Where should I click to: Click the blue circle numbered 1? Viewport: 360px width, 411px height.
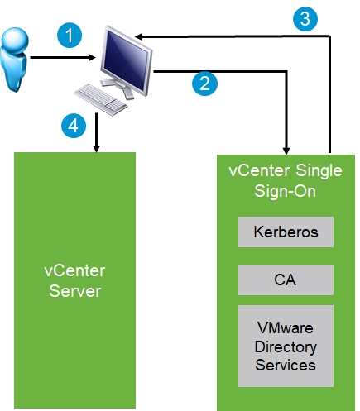point(71,36)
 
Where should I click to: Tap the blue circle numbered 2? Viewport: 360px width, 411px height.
point(204,81)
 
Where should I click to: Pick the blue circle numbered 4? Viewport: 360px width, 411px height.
point(74,126)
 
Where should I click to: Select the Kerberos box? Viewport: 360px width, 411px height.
point(286,232)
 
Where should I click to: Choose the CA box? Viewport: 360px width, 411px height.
point(286,280)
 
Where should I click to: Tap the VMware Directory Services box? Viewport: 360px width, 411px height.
point(286,346)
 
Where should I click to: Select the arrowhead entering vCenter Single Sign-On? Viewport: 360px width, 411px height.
point(286,149)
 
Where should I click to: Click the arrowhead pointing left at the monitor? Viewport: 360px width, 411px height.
point(142,36)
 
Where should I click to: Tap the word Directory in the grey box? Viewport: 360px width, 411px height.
point(286,346)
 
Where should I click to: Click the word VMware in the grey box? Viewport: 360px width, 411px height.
point(286,328)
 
